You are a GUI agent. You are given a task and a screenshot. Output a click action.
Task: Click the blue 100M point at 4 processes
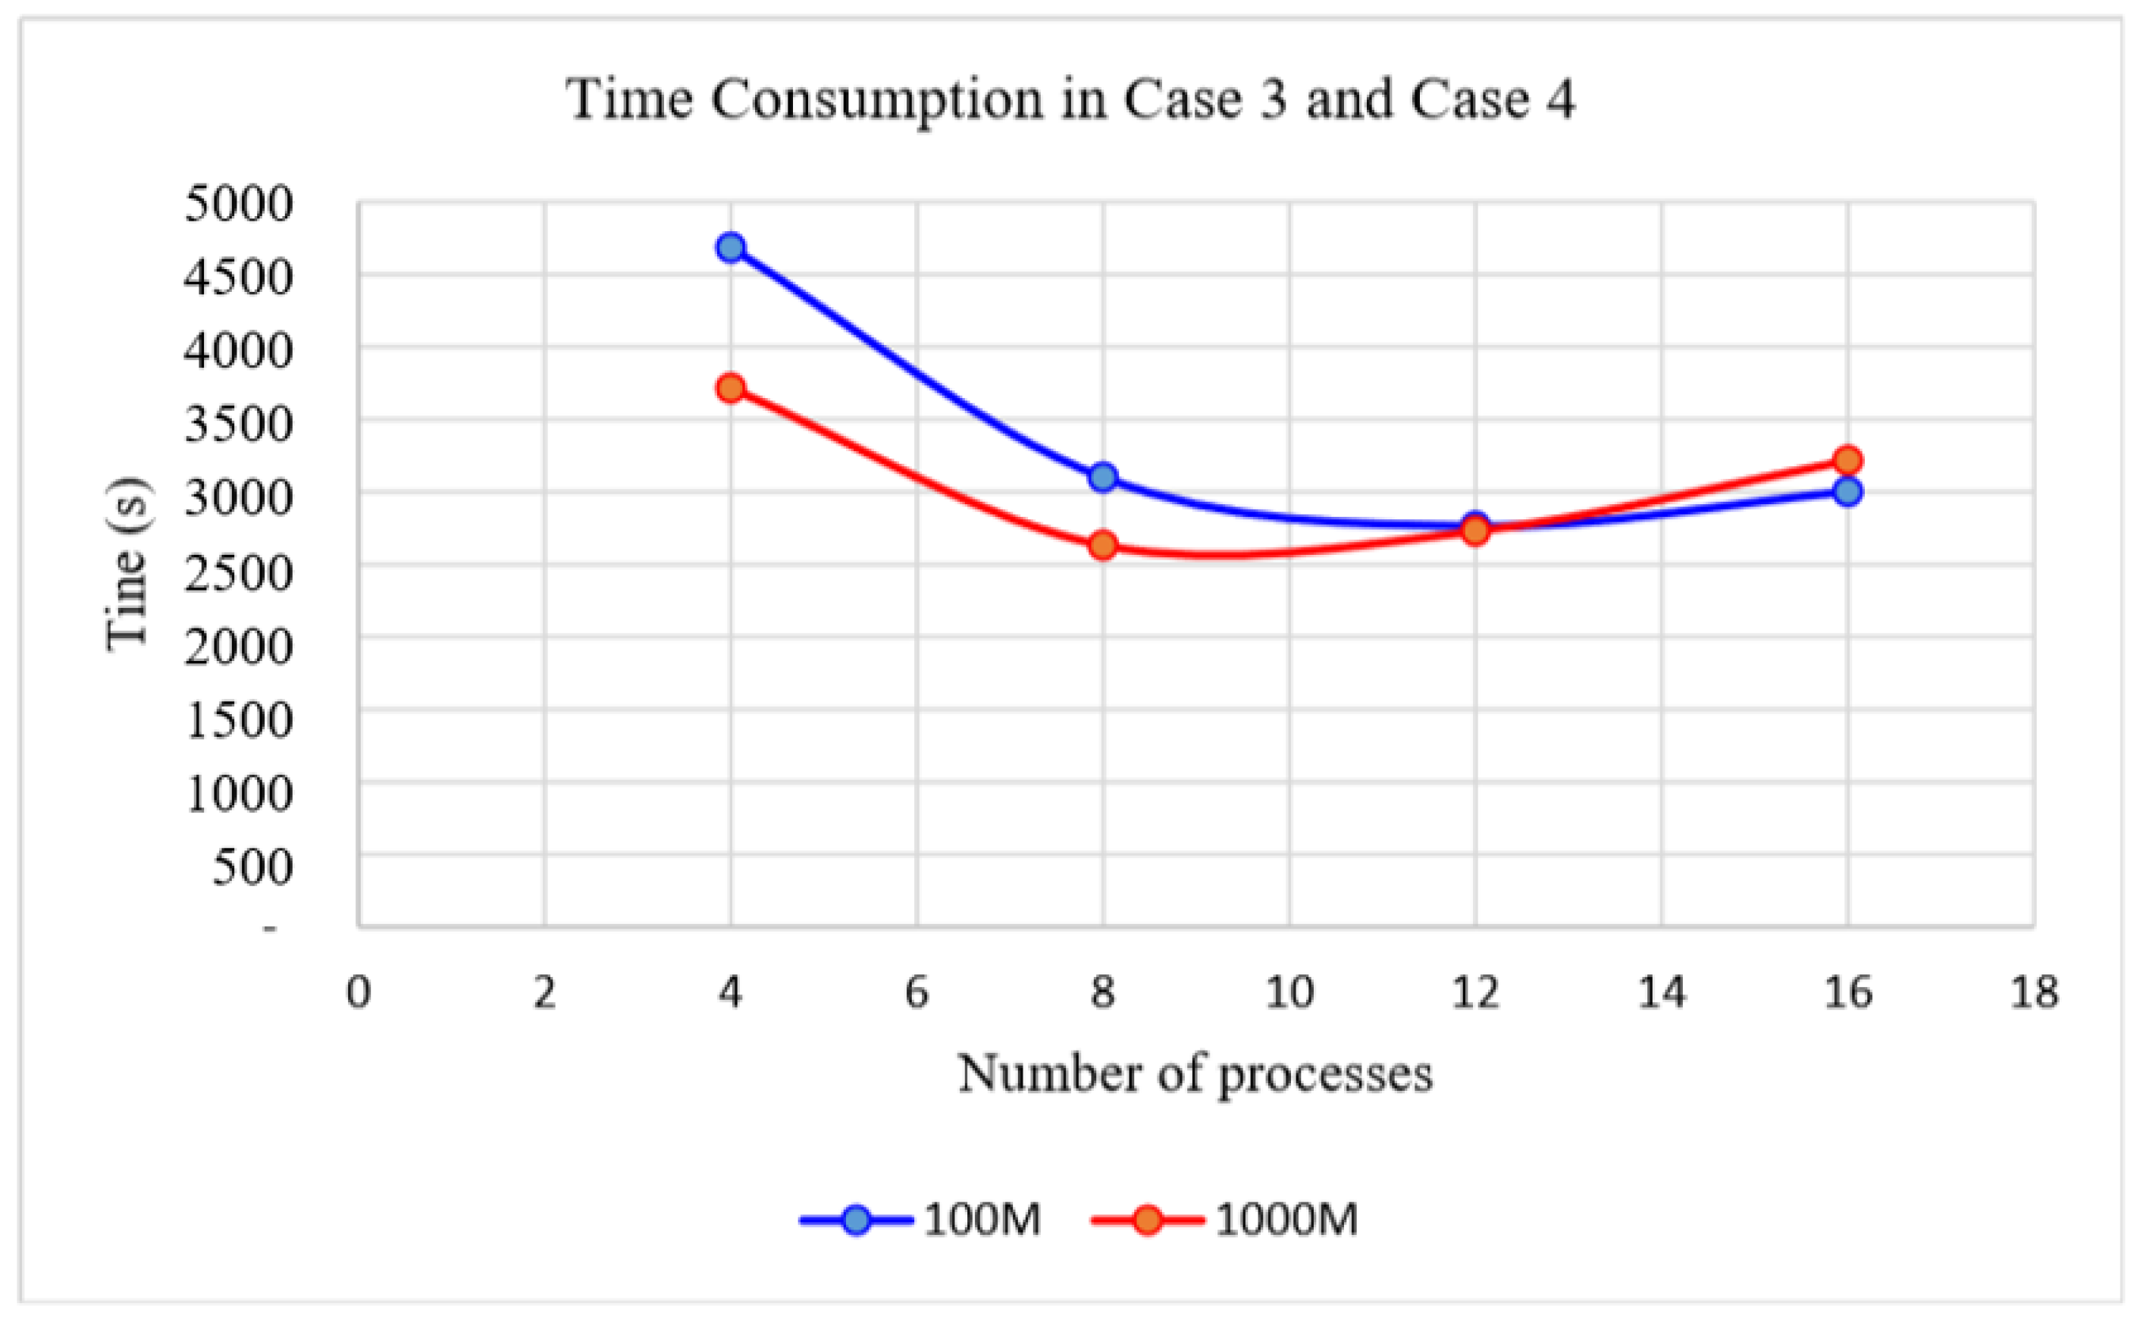tap(731, 247)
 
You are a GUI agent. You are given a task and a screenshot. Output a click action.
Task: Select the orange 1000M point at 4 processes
tap(731, 387)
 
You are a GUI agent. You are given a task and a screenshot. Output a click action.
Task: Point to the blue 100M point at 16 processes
tap(1847, 491)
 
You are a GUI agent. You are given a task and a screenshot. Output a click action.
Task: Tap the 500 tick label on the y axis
tap(252, 866)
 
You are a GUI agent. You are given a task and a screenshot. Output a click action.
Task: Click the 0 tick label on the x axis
tap(359, 993)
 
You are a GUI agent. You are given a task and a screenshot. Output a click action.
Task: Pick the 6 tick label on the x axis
tap(917, 993)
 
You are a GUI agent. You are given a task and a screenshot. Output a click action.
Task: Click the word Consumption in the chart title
tap(876, 99)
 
